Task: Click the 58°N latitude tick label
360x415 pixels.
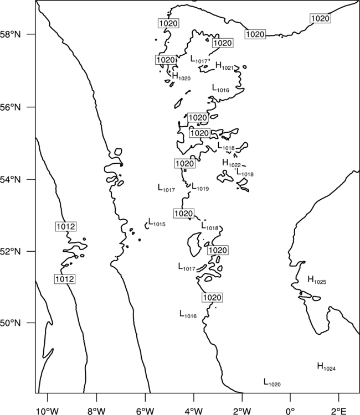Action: tap(11, 34)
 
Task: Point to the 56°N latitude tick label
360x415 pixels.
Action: tap(11, 107)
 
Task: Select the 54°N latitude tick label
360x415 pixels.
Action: tap(11, 180)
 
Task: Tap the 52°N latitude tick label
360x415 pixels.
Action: tap(11, 251)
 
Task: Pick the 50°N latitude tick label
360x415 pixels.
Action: tap(11, 323)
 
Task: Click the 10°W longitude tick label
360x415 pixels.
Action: tap(48, 411)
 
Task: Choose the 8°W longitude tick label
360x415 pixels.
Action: tap(96, 411)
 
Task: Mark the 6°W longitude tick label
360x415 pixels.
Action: tap(145, 411)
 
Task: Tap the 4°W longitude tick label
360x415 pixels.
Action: tap(194, 411)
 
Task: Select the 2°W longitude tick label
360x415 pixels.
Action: tap(242, 411)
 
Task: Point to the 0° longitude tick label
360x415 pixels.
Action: tap(290, 411)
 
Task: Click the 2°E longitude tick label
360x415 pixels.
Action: tap(339, 411)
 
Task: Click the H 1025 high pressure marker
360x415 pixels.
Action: tap(317, 280)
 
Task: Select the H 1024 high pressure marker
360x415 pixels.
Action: tap(326, 367)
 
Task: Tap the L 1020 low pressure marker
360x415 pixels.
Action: tap(272, 382)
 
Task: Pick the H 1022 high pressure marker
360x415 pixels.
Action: tap(232, 163)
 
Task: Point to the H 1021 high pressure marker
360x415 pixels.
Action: tap(225, 66)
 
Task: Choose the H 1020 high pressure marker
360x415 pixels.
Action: tap(181, 76)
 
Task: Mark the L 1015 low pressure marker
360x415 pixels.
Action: tap(157, 222)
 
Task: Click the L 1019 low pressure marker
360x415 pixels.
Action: tap(200, 187)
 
